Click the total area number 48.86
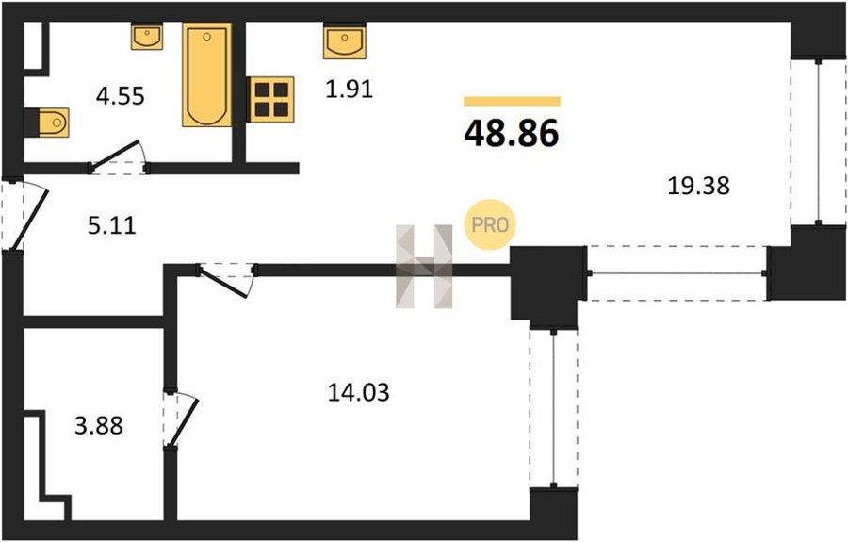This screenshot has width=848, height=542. tap(511, 134)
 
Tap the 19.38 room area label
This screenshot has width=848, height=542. tap(698, 186)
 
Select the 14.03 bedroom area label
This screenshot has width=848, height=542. tap(359, 392)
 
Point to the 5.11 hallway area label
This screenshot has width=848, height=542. tap(112, 225)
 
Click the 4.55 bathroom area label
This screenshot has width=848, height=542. tap(120, 96)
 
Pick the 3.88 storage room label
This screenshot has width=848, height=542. tap(99, 426)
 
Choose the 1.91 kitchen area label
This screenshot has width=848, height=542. tap(350, 90)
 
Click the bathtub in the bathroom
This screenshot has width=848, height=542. tap(206, 74)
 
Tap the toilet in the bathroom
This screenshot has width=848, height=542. tap(48, 123)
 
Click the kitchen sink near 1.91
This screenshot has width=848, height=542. tap(345, 41)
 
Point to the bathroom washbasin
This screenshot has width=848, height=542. tap(147, 36)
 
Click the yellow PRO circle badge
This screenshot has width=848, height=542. tap(491, 225)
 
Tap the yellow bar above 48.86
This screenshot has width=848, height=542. tap(512, 101)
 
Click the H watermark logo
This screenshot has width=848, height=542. tap(424, 267)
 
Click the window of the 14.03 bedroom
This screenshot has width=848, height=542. tap(554, 408)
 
